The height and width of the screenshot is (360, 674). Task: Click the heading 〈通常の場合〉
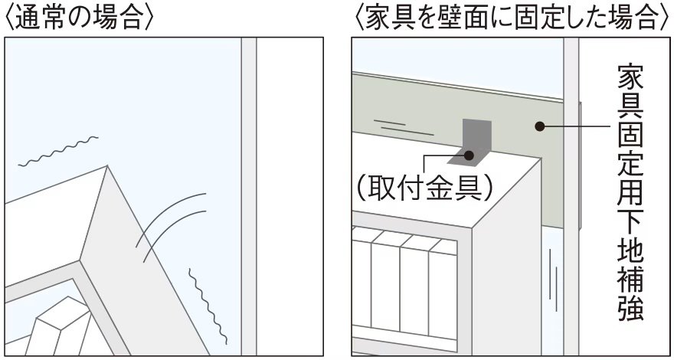click(x=78, y=18)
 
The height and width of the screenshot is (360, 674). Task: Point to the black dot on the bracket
click(x=469, y=155)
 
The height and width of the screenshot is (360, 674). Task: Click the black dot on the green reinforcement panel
click(x=540, y=126)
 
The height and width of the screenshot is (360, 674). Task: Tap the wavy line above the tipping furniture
click(x=58, y=151)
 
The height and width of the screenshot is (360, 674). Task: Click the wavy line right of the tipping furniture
click(x=208, y=306)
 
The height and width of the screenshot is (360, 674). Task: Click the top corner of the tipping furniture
click(x=106, y=165)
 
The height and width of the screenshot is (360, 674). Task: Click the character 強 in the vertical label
click(x=630, y=309)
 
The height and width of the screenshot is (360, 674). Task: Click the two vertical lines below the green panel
click(x=553, y=280)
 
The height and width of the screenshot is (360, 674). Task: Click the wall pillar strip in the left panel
click(x=248, y=196)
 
